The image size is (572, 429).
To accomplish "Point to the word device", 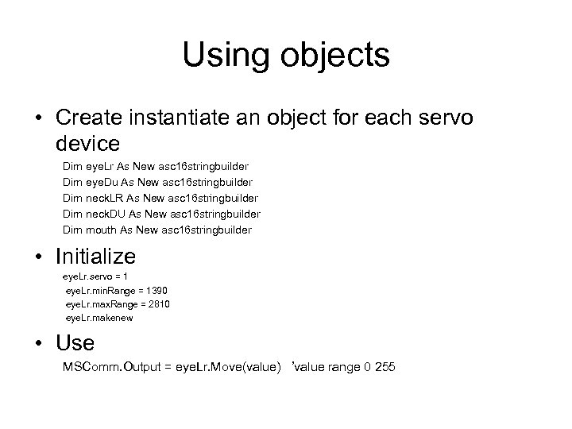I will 88,145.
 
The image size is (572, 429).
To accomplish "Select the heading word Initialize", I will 96,257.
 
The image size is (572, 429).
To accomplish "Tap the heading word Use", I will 75,343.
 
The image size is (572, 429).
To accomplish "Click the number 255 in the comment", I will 384,367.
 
